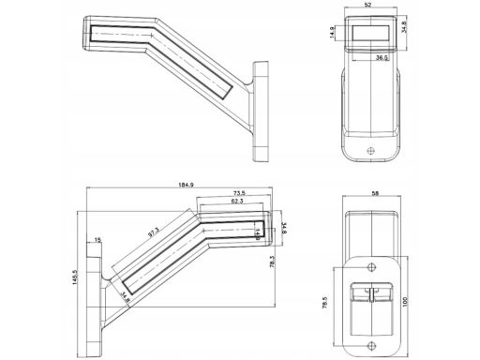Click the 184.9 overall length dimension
(x=186, y=185)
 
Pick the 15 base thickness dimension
(x=97, y=241)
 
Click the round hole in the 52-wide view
(x=371, y=150)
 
